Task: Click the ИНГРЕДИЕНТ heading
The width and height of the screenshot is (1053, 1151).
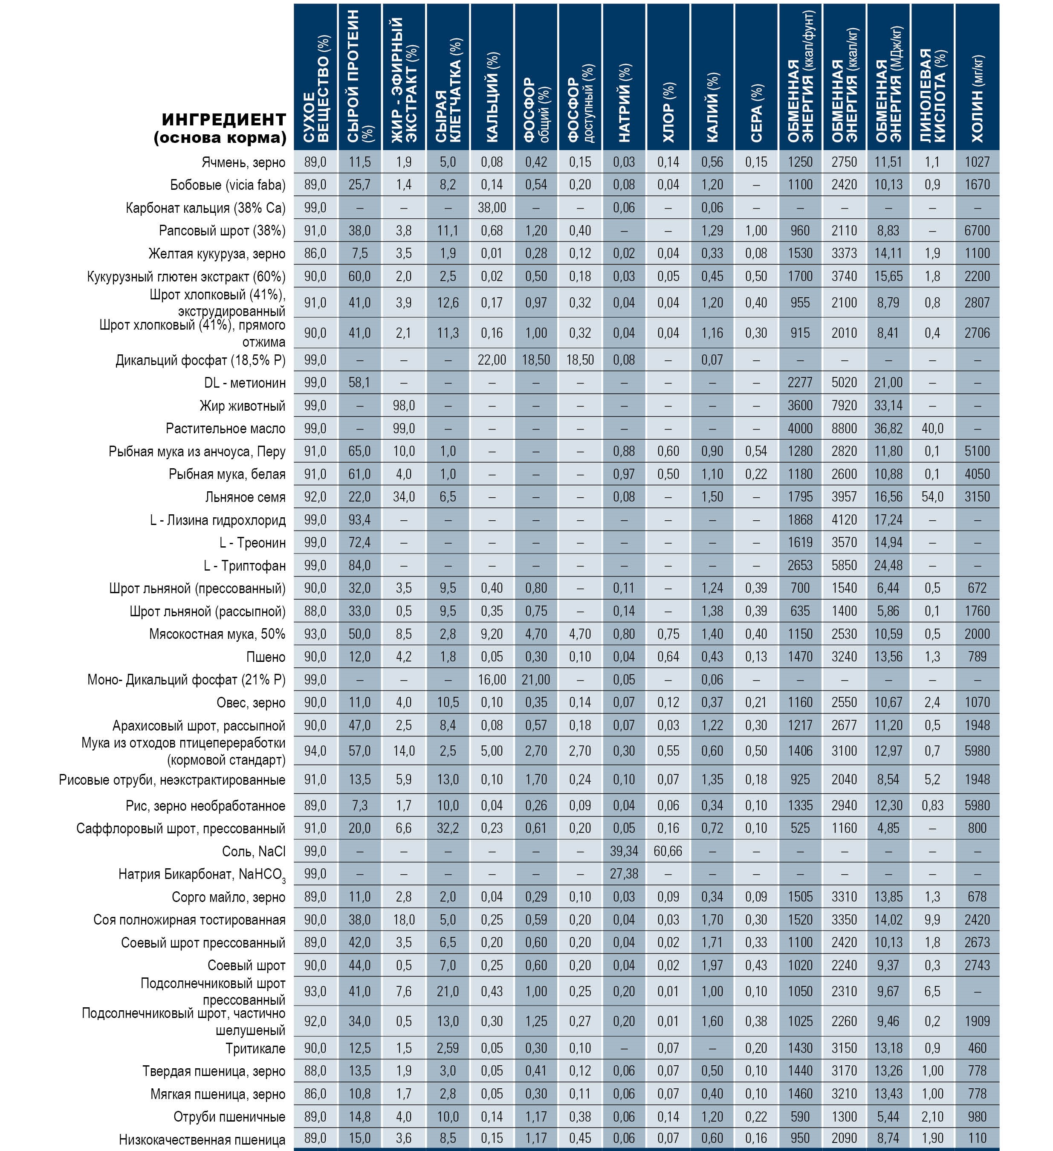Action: click(224, 120)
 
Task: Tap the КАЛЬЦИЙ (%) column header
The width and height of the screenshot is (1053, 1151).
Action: click(492, 97)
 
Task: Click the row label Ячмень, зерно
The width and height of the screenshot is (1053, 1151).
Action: click(244, 162)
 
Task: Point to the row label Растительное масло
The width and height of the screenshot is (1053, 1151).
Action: click(226, 428)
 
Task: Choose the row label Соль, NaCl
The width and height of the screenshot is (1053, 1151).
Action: click(253, 851)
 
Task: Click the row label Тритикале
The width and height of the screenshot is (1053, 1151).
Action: click(255, 1048)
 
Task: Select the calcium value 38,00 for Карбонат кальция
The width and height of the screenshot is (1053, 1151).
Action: click(492, 208)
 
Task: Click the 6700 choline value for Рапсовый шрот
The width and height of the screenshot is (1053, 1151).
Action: click(977, 231)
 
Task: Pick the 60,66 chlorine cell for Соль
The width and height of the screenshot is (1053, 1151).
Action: click(668, 851)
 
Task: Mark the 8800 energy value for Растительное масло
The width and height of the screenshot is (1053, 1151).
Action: click(844, 428)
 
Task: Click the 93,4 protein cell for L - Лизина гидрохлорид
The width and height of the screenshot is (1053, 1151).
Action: click(359, 519)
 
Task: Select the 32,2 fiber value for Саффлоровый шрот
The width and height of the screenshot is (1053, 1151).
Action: click(448, 828)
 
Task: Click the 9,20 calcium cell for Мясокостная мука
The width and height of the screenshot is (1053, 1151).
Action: click(492, 634)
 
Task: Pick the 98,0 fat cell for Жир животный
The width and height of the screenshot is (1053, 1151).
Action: click(403, 406)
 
